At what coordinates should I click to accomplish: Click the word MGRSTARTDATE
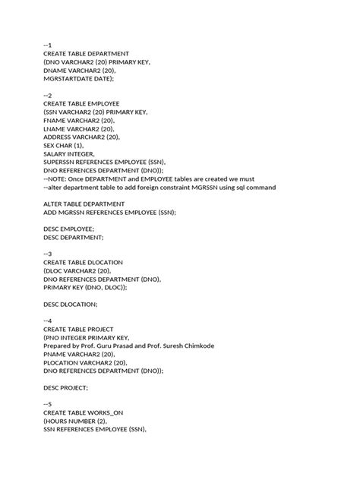[70, 77]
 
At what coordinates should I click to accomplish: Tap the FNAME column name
[57, 120]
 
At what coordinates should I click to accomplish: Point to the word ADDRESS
[61, 137]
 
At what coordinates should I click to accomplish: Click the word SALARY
[57, 153]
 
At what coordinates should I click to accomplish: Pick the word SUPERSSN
[63, 162]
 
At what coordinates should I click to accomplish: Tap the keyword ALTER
[55, 204]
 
